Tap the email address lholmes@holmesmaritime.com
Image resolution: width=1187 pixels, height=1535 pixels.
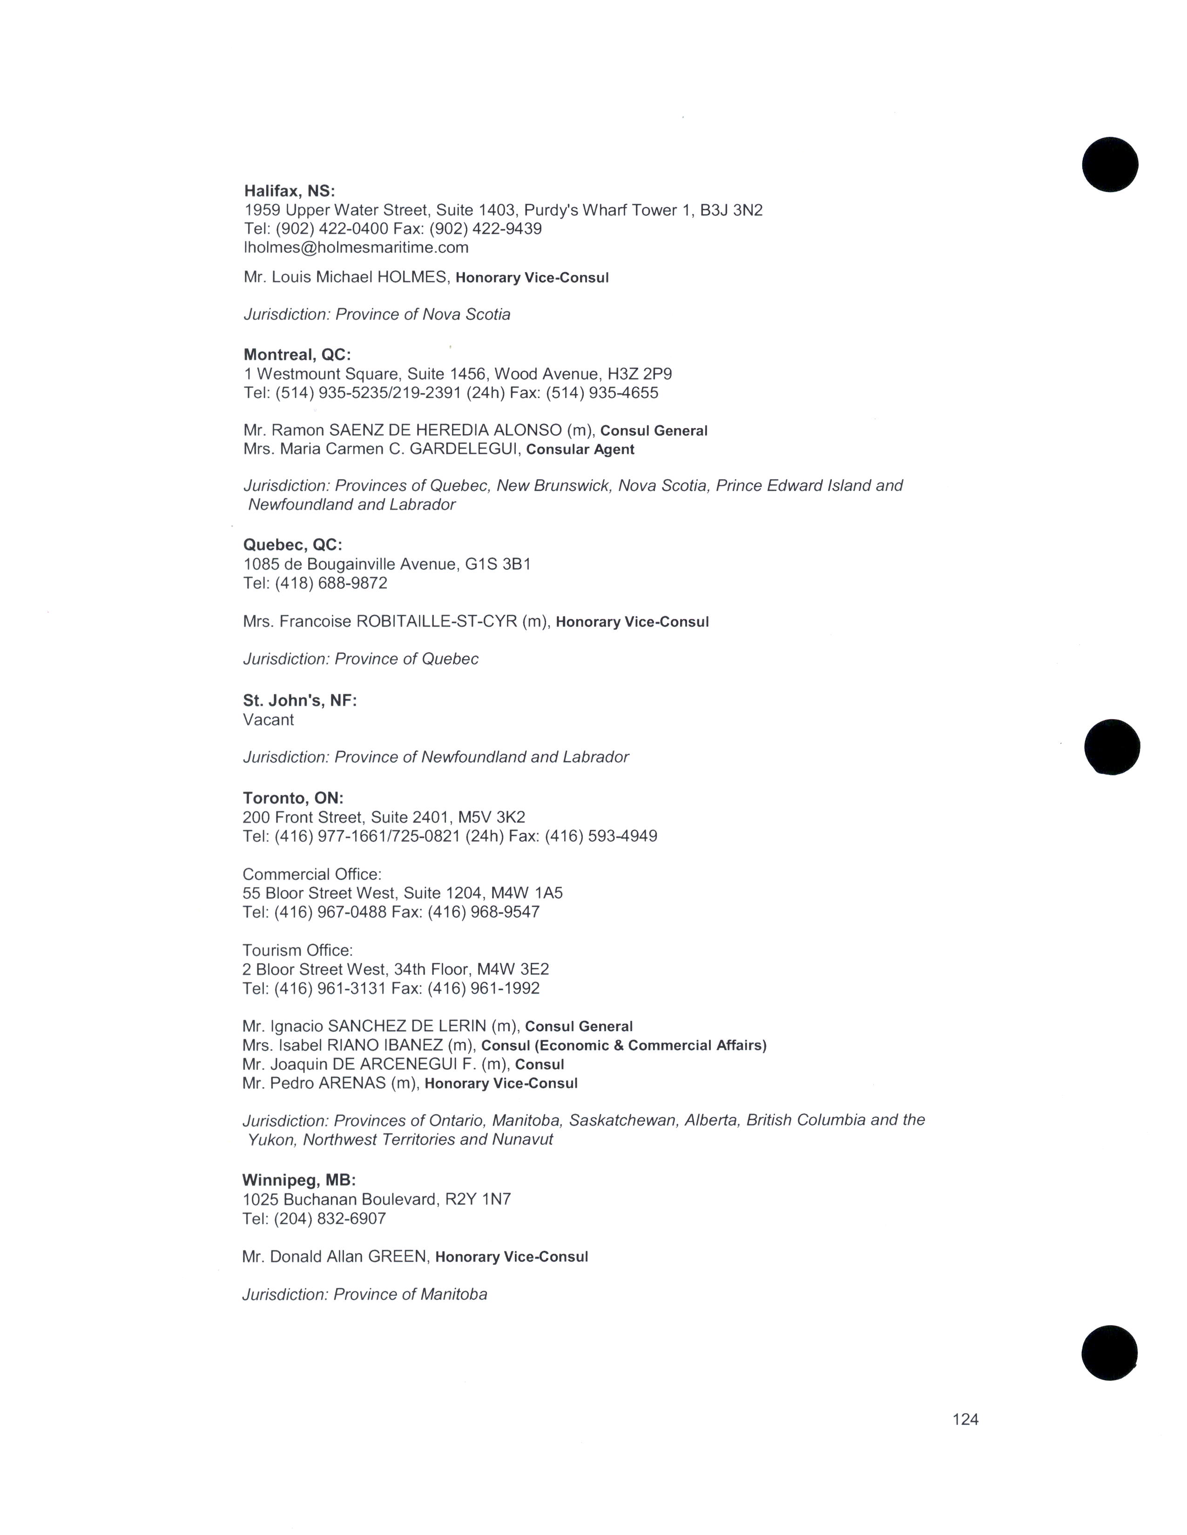coord(356,247)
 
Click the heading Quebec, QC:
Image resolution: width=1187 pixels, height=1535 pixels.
coord(292,545)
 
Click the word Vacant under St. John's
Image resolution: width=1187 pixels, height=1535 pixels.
coord(268,720)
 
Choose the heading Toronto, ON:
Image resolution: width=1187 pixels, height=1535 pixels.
coord(292,798)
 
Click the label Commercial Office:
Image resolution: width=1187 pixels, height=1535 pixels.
coord(311,874)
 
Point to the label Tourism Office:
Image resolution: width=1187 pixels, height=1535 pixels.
coord(297,950)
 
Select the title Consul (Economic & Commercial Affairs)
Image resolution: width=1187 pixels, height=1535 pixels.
coord(624,1045)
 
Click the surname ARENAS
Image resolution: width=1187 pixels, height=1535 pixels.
coord(354,1083)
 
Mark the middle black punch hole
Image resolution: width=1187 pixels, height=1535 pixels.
coord(1111,747)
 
